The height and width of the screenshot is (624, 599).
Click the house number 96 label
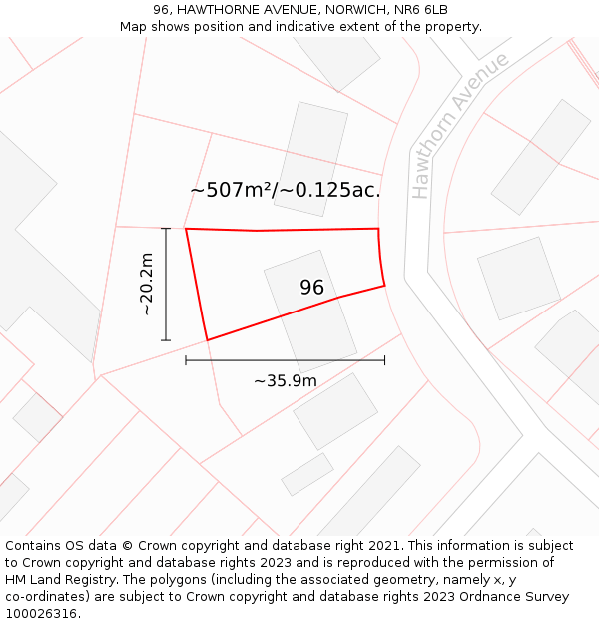tap(311, 288)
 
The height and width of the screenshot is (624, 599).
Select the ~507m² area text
tap(232, 189)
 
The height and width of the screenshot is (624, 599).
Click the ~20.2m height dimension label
tap(146, 285)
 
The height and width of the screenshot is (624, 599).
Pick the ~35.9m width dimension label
tap(285, 380)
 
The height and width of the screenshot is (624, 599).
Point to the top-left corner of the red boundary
tap(186, 229)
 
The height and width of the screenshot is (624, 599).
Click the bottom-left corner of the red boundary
tap(207, 340)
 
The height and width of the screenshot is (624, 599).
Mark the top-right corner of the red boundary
tap(378, 229)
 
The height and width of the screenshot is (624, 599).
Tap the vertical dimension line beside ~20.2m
tap(166, 285)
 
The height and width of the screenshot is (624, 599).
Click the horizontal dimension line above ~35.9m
tap(285, 360)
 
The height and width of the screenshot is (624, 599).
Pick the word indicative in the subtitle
tap(285, 27)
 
